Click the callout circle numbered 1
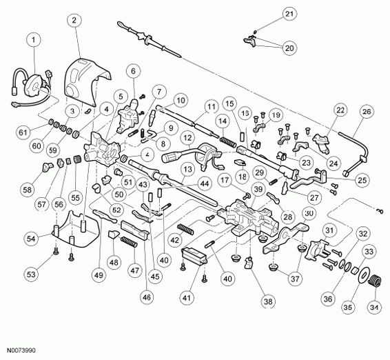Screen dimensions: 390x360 click(x=33, y=40)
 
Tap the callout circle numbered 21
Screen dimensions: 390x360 click(x=289, y=14)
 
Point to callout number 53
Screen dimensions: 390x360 click(x=31, y=274)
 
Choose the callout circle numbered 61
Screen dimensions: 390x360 click(x=23, y=132)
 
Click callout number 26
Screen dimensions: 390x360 click(x=367, y=111)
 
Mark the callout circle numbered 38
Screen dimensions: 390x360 click(x=268, y=302)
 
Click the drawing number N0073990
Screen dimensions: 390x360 click(x=21, y=350)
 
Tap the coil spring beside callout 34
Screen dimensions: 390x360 click(x=375, y=281)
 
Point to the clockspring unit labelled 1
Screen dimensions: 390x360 click(x=35, y=87)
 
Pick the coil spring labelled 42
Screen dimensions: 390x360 click(x=185, y=229)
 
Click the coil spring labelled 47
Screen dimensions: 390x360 click(x=129, y=242)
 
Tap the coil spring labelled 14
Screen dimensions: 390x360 click(x=227, y=142)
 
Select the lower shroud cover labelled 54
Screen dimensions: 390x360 click(x=74, y=230)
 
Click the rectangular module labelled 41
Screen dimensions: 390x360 click(x=194, y=257)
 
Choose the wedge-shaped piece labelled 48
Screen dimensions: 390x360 click(x=112, y=234)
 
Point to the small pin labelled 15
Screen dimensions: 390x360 click(x=242, y=137)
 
